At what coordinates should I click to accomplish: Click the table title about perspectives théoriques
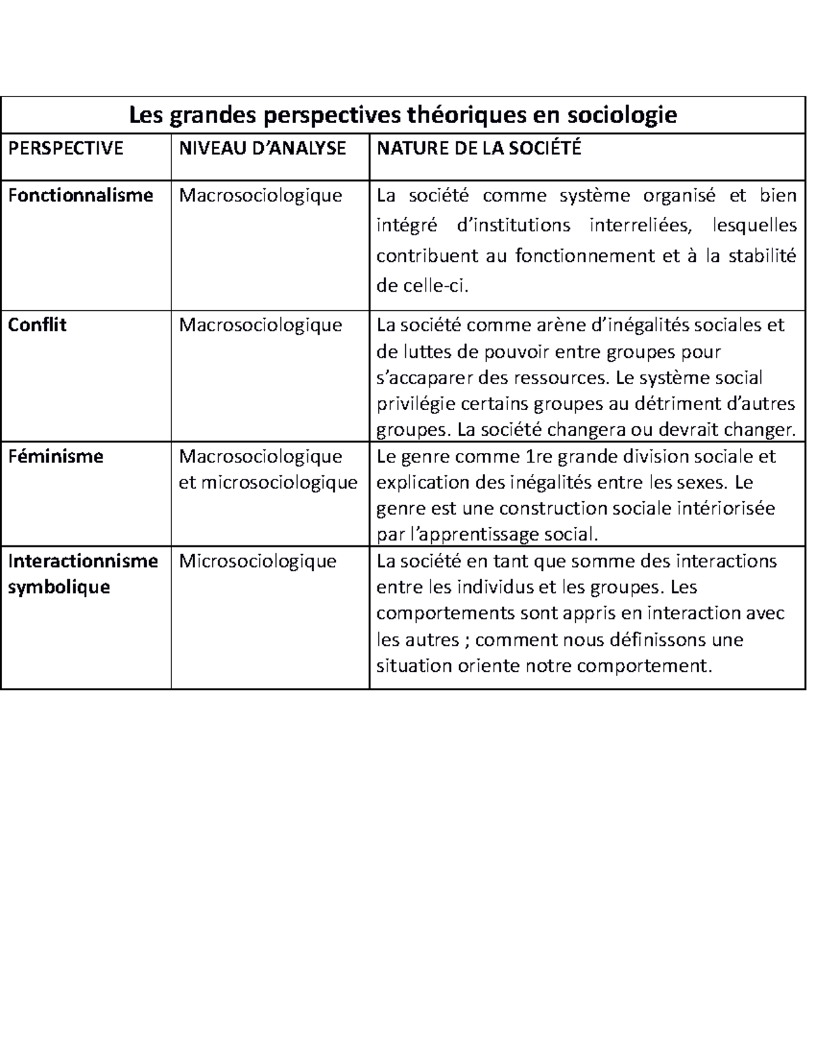[403, 115]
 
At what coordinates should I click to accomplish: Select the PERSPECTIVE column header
[65, 148]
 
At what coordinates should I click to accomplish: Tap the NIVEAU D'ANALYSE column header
[262, 148]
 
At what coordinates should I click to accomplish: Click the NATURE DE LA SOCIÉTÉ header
[479, 148]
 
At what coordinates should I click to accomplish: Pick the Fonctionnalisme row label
[80, 196]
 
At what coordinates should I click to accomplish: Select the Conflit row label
[37, 325]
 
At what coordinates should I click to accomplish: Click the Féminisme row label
[55, 456]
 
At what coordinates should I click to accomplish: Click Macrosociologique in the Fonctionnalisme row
[260, 196]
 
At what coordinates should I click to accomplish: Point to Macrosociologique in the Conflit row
[260, 325]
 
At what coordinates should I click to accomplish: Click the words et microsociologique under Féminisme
[268, 483]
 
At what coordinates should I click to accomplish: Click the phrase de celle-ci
[422, 286]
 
